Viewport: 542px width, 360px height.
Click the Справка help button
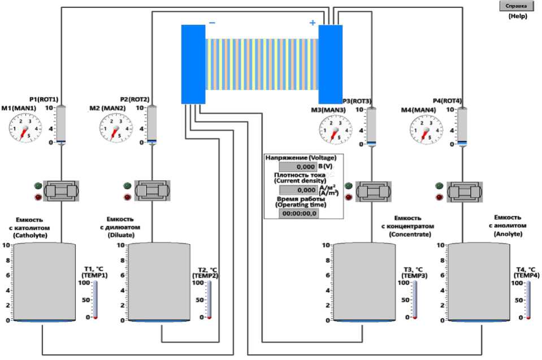tap(516, 6)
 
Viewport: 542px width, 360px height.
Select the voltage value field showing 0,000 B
tap(298, 167)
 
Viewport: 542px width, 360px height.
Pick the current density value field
tap(298, 190)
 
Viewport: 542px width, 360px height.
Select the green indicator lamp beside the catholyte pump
tap(38, 185)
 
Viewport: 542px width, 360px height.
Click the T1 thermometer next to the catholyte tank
tap(96, 300)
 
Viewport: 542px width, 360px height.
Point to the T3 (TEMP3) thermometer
tap(414, 300)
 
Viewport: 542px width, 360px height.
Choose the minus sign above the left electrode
tap(212, 23)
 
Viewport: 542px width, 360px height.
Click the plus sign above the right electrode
tap(311, 23)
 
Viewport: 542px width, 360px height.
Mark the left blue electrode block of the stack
tap(193, 64)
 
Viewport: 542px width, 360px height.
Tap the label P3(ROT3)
tap(357, 101)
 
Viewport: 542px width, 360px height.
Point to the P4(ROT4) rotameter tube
tap(462, 125)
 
